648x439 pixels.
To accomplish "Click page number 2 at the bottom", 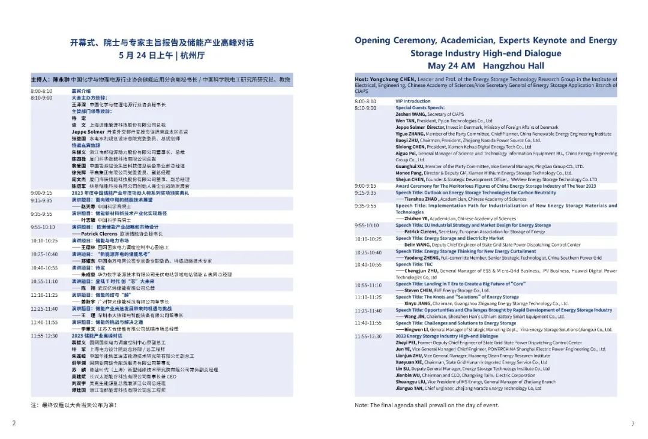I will [14, 423].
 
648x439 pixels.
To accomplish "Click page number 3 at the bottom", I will [632, 424].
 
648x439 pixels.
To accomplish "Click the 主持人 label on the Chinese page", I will [40, 80].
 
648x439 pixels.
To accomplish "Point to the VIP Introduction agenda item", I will [413, 101].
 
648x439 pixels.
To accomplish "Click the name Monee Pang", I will [410, 173].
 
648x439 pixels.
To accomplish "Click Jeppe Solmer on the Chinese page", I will [88, 131].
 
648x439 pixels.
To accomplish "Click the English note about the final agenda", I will [427, 405].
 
